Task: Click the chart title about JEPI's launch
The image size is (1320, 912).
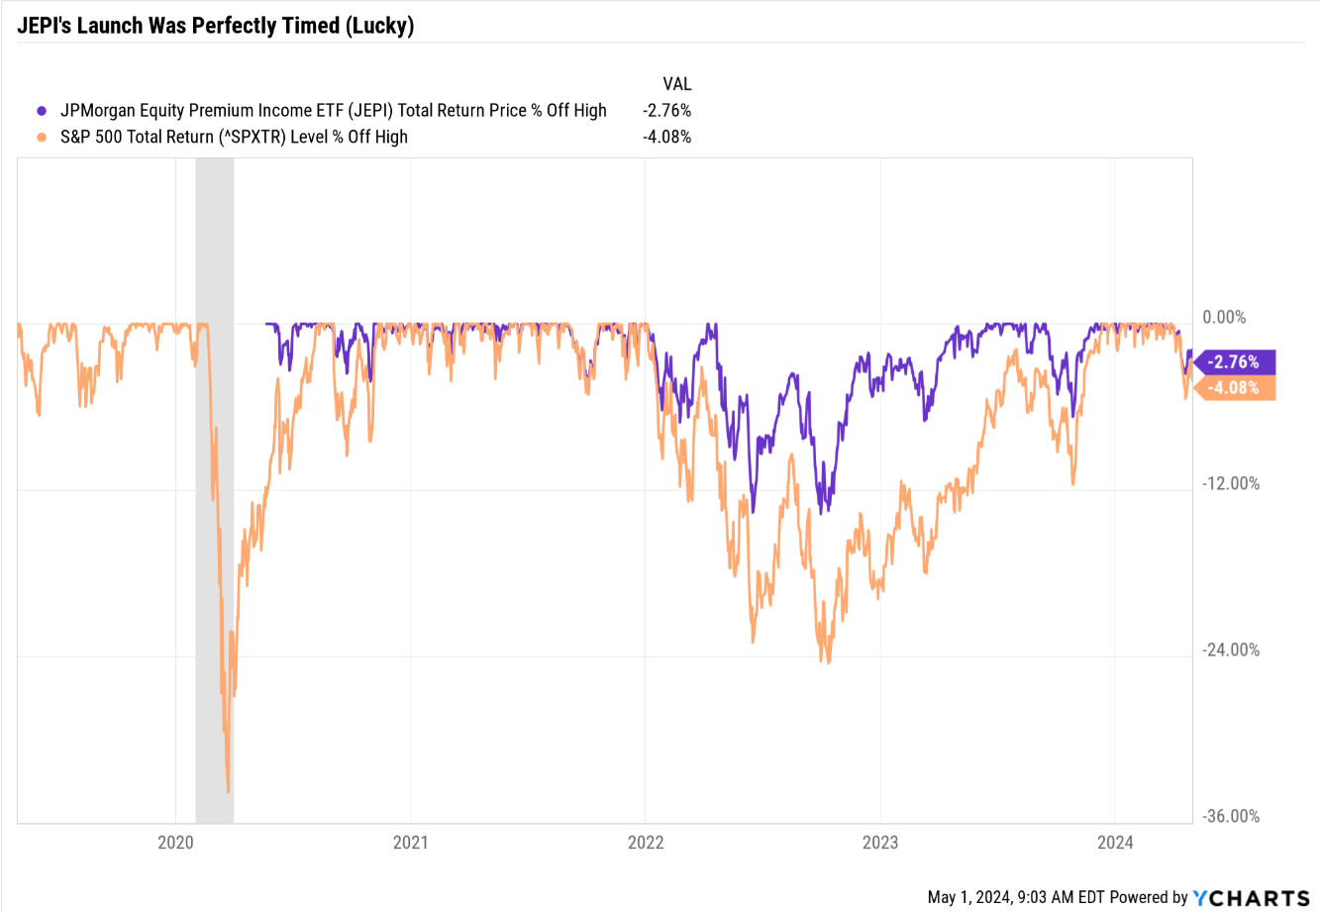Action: [x=215, y=26]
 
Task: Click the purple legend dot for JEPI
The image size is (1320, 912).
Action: [x=42, y=111]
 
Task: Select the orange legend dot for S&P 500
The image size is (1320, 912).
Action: [x=42, y=138]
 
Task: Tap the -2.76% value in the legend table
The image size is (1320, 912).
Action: [x=666, y=111]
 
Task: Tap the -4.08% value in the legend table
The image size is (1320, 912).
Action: [x=666, y=138]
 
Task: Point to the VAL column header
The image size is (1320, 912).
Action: [x=677, y=84]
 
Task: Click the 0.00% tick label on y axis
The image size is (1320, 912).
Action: [x=1224, y=318]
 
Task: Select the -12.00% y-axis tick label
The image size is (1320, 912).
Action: [x=1230, y=484]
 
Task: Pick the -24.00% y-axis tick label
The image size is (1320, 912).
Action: [x=1230, y=651]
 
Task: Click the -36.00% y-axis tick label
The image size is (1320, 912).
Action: [x=1230, y=817]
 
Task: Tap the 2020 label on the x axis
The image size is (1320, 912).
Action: [x=175, y=843]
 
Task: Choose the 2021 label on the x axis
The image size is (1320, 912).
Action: [x=410, y=843]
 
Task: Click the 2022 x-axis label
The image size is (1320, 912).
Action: [x=646, y=843]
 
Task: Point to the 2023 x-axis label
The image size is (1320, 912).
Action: [x=880, y=843]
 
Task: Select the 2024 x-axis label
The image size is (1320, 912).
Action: [x=1115, y=843]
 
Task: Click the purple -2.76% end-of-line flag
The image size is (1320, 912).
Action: [x=1234, y=362]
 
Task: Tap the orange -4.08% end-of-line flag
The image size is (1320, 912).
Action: [x=1234, y=388]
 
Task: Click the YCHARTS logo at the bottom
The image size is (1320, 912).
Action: [x=1251, y=898]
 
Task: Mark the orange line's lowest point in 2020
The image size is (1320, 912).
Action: [x=229, y=791]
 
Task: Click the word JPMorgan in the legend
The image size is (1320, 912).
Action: [x=97, y=111]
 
